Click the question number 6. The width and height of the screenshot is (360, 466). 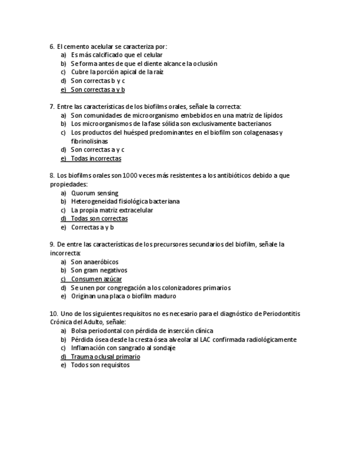[52, 46]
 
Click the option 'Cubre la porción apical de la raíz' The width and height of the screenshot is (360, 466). [117, 72]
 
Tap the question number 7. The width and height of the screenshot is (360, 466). [52, 107]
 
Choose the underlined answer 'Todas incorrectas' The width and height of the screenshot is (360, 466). [96, 158]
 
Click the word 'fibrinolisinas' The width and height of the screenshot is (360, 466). [89, 141]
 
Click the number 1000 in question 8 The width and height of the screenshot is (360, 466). [130, 175]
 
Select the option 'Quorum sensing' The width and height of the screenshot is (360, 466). [94, 193]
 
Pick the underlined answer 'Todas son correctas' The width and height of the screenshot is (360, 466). [99, 218]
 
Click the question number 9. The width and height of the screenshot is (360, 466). [52, 244]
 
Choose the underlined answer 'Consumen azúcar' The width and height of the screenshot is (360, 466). [96, 279]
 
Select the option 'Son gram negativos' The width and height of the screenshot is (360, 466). [99, 270]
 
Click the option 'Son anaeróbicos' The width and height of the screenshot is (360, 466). [95, 262]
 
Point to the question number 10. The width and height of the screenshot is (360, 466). [53, 313]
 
